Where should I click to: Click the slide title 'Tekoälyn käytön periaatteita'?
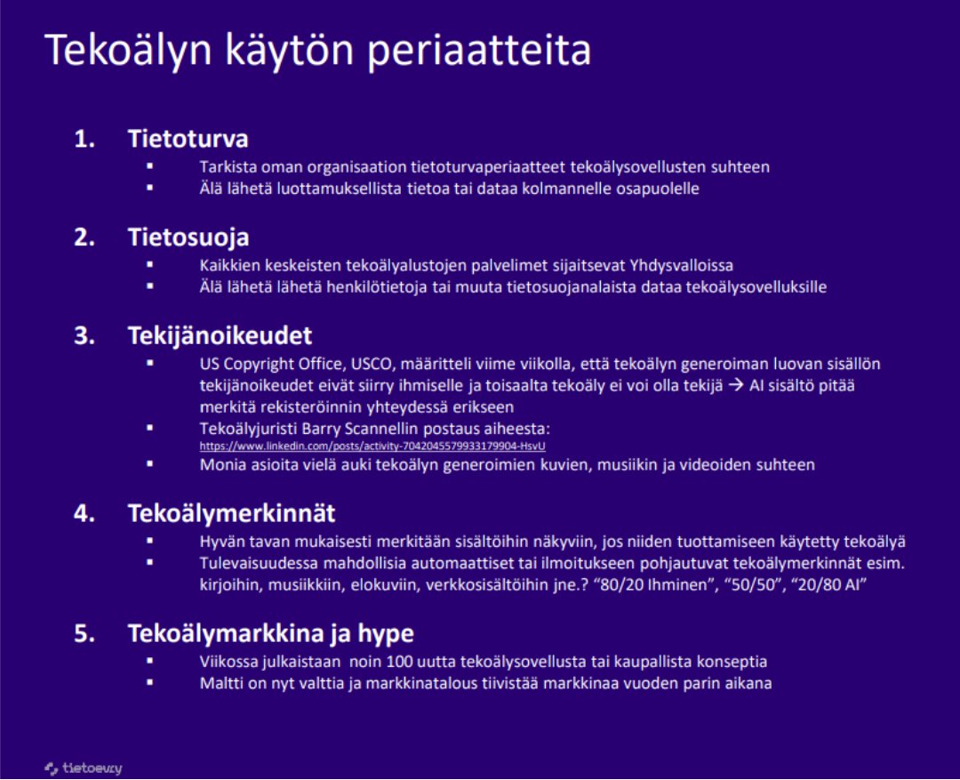click(x=317, y=51)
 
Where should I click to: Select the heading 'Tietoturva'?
click(x=188, y=140)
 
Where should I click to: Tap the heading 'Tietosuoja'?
click(x=188, y=237)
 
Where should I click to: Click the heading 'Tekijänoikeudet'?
click(x=220, y=336)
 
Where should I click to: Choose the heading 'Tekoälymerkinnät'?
click(x=231, y=513)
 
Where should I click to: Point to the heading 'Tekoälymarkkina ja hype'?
click(x=270, y=633)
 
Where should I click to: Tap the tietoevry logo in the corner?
click(x=84, y=768)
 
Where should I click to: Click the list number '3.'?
click(x=84, y=336)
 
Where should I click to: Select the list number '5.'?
click(x=84, y=633)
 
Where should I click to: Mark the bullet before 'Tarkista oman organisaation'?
click(x=150, y=166)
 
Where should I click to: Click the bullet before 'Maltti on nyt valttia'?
click(x=150, y=682)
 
